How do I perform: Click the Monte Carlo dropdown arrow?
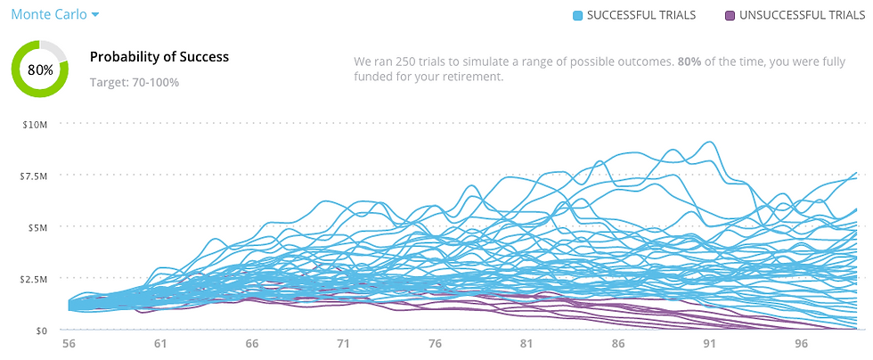pos(95,15)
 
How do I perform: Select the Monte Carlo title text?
pos(49,14)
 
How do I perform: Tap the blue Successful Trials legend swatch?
pos(578,16)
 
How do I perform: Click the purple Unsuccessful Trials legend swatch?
pos(730,16)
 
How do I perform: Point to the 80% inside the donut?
pos(40,70)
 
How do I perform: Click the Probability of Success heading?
pos(159,57)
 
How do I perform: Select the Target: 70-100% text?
pos(135,83)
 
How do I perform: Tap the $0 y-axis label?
pos(42,331)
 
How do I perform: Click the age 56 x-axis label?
pos(69,344)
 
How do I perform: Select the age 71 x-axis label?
pos(344,344)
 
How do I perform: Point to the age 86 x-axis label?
pos(618,344)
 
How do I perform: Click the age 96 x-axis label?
pos(801,344)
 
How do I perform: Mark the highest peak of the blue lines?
pos(709,142)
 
